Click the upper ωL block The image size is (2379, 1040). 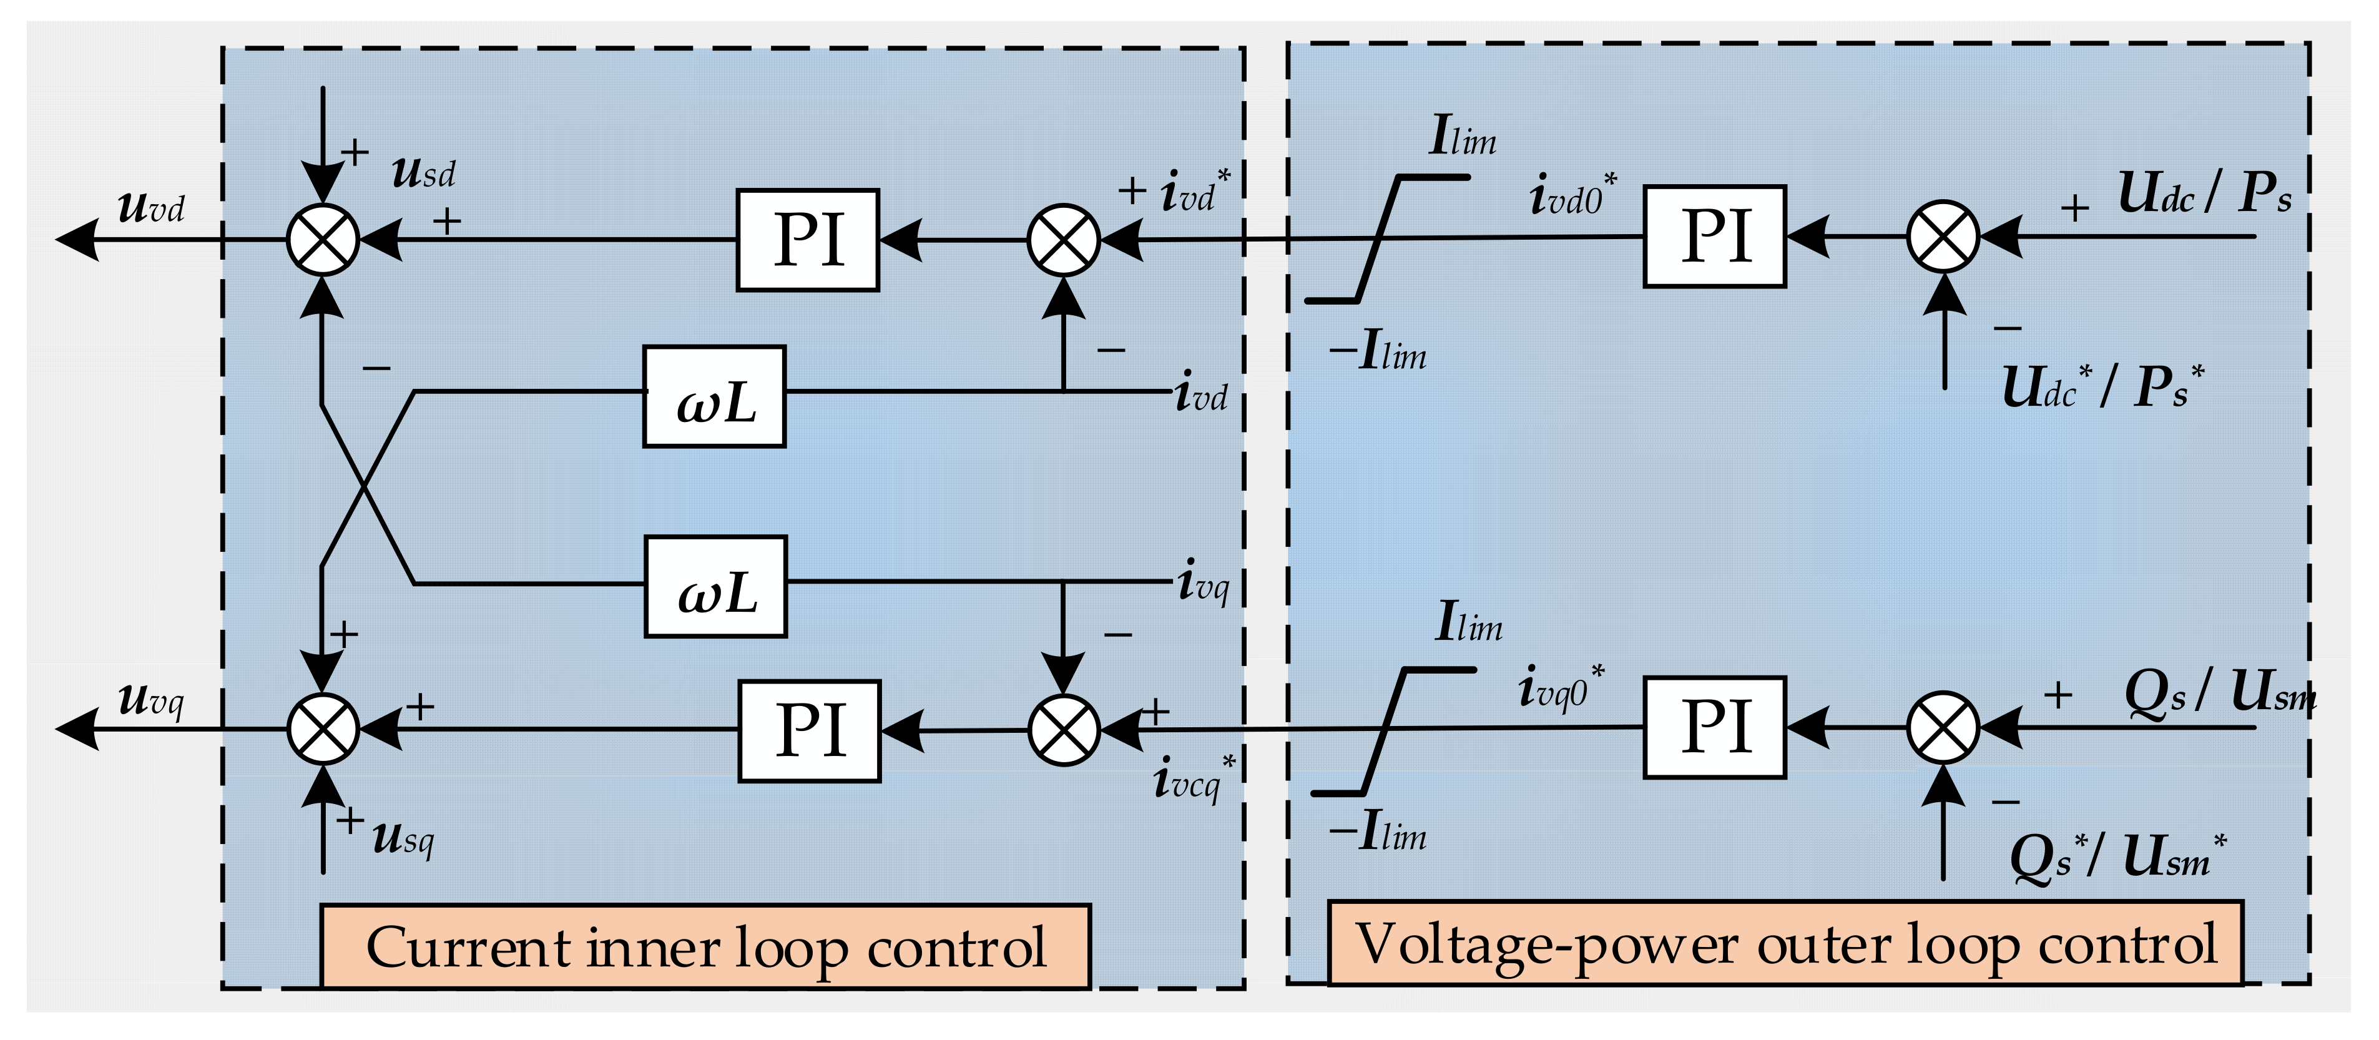point(714,397)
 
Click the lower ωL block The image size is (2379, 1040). point(716,587)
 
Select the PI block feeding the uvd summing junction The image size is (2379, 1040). point(807,240)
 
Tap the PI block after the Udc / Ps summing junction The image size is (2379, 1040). point(1714,237)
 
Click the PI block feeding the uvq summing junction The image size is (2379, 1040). point(809,730)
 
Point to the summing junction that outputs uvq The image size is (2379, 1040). point(322,728)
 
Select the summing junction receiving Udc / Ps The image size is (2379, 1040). point(1943,237)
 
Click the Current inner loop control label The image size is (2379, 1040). point(705,947)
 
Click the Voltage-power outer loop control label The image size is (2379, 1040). point(1784,943)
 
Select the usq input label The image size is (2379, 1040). point(403,838)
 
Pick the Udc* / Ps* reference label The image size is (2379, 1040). point(2102,386)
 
